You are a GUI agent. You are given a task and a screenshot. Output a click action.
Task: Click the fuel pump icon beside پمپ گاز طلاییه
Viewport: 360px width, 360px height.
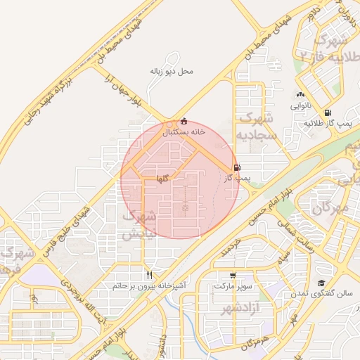[328, 113]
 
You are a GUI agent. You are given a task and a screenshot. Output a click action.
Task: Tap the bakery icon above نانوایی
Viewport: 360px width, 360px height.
[301, 95]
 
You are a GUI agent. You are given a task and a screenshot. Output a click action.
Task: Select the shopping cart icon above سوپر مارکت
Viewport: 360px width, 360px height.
[233, 276]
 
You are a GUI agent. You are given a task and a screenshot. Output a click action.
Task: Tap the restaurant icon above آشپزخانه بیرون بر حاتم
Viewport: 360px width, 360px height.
[148, 275]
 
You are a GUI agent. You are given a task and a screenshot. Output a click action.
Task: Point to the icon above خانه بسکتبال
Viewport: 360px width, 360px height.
[184, 120]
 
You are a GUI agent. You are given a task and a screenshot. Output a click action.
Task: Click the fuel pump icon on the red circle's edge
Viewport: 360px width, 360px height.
[236, 168]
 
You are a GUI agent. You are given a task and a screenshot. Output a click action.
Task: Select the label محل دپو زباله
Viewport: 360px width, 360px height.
[172, 71]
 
